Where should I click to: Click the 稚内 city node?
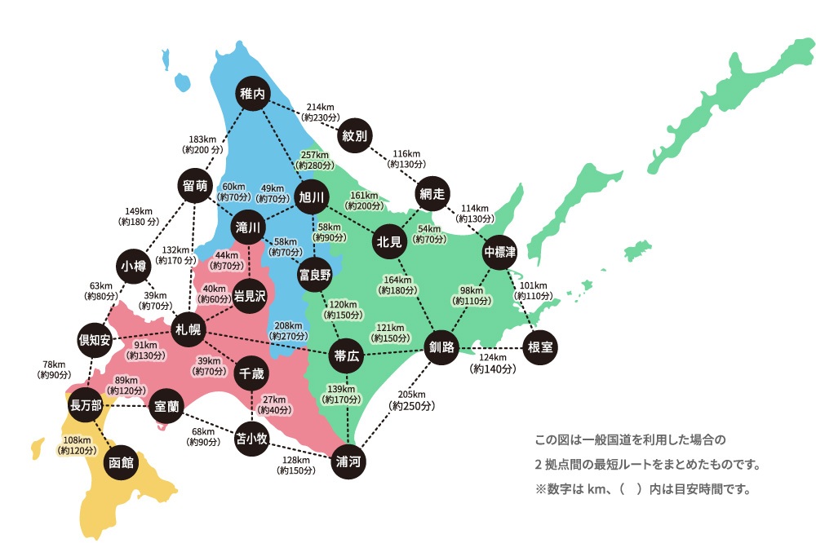(253, 94)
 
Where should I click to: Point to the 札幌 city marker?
(188, 329)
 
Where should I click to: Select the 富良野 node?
(314, 275)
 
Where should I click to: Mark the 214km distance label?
(320, 107)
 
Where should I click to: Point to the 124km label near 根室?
(494, 357)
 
